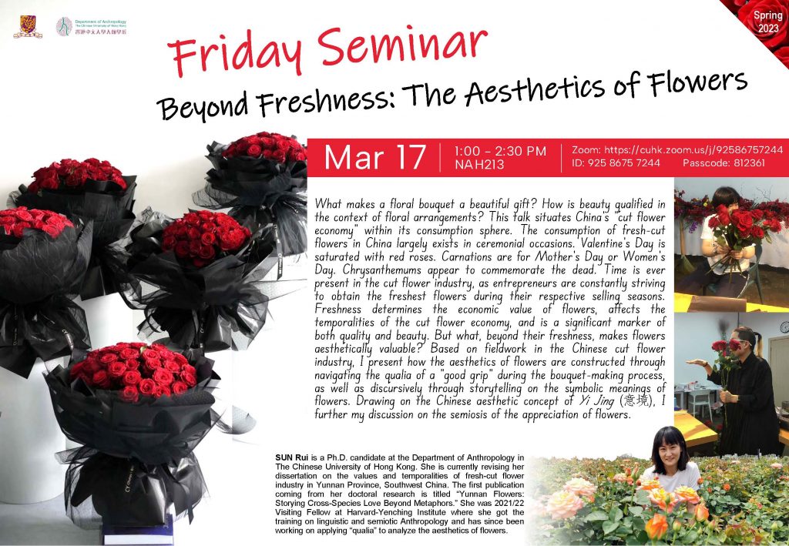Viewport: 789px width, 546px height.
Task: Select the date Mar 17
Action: point(375,157)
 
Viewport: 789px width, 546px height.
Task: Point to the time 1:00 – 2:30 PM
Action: point(499,152)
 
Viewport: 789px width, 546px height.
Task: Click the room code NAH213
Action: point(479,164)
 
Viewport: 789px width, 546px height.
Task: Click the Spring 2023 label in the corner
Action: point(768,22)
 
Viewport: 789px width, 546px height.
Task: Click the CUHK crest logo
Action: point(28,26)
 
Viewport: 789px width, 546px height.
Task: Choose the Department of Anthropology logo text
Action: point(101,27)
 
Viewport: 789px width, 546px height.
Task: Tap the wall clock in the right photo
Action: point(785,327)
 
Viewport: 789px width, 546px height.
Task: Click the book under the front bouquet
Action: point(139,534)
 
